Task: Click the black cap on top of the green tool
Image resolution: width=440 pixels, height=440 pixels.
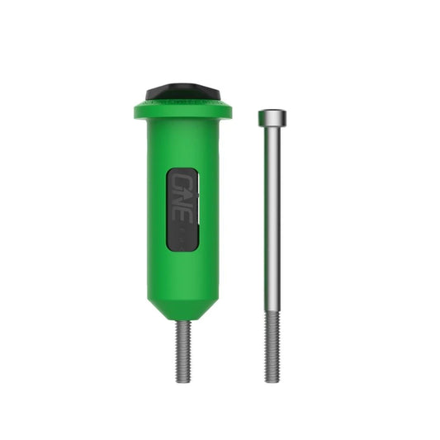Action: click(x=182, y=91)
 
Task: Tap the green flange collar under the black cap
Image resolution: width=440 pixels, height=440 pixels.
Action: click(x=182, y=110)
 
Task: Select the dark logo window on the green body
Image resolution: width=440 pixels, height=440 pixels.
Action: click(x=182, y=209)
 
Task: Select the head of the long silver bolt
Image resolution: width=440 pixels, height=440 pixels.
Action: click(x=272, y=117)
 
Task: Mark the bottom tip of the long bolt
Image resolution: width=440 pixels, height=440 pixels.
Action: click(x=272, y=381)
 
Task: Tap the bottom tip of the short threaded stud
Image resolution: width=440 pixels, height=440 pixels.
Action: click(x=183, y=380)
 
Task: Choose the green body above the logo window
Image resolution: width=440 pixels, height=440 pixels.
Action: click(x=182, y=144)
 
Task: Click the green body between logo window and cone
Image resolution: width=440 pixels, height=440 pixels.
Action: click(x=182, y=272)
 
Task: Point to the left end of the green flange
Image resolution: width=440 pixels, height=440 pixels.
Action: click(x=136, y=111)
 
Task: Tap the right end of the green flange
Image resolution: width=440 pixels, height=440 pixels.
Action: click(x=229, y=111)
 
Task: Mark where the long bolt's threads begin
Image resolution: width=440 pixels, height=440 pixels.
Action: click(x=272, y=312)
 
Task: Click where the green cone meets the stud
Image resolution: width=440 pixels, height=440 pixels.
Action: click(x=183, y=321)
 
